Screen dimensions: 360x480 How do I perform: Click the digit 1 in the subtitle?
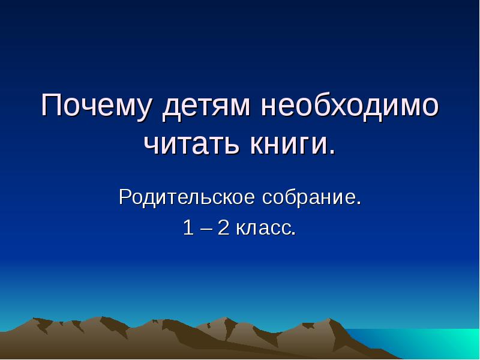pyautogui.click(x=188, y=228)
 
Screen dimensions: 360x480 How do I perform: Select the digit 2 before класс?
pyautogui.click(x=223, y=228)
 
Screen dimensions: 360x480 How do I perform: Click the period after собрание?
pyautogui.click(x=359, y=203)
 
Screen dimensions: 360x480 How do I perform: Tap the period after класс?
pyautogui.click(x=293, y=234)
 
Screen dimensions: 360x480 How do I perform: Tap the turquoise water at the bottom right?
pyautogui.click(x=432, y=345)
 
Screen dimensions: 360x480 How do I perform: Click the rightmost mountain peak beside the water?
pyautogui.click(x=328, y=320)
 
